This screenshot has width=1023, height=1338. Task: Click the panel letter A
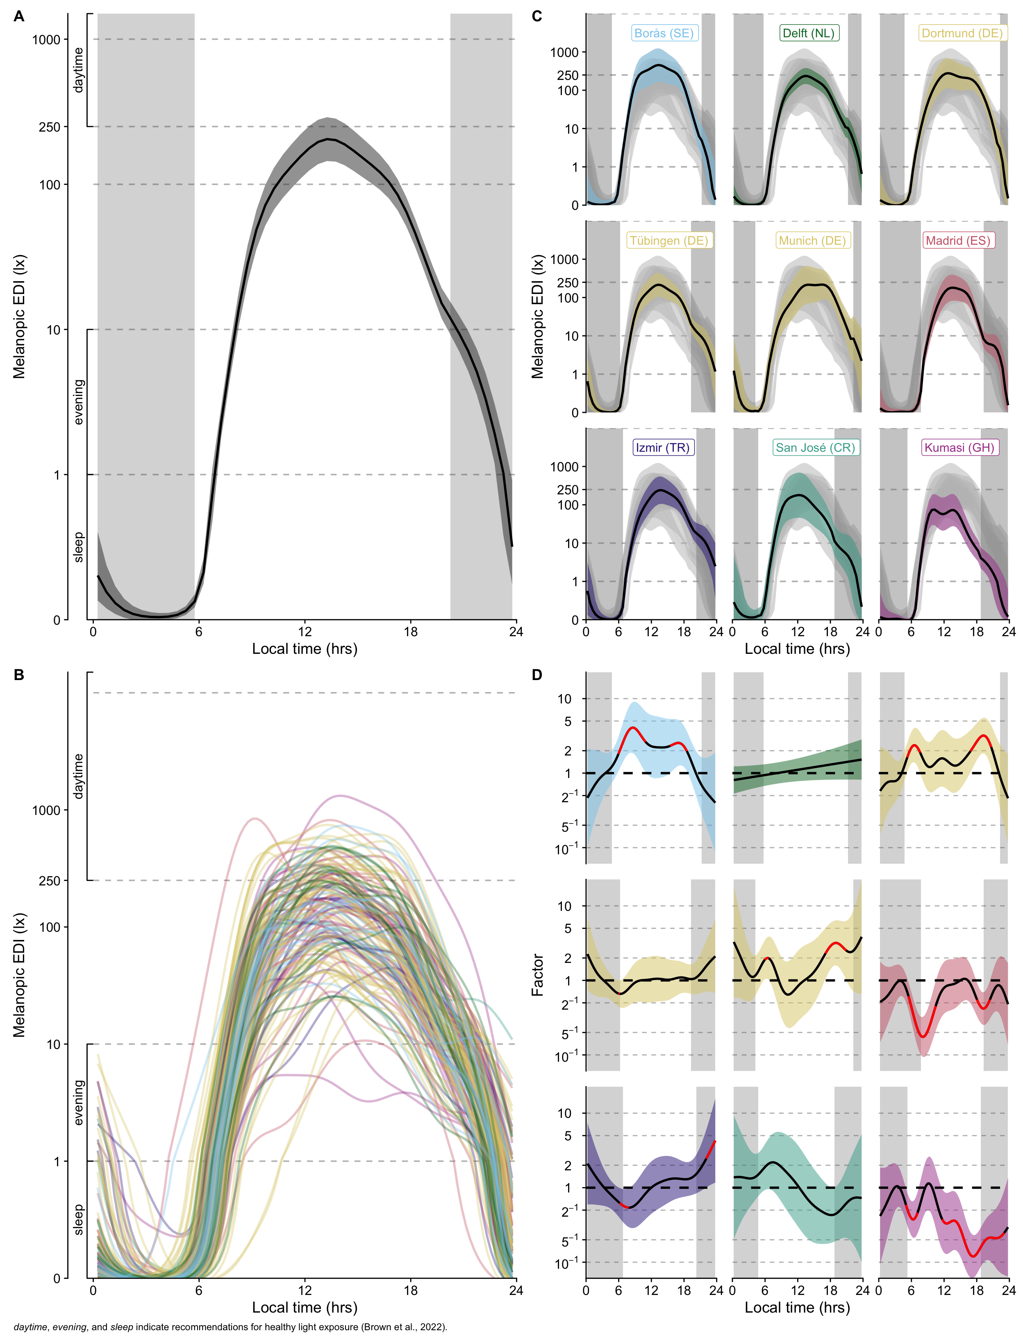pyautogui.click(x=19, y=16)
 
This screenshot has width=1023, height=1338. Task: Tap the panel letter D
pyautogui.click(x=537, y=675)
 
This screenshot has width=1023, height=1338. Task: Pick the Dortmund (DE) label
pyautogui.click(x=962, y=34)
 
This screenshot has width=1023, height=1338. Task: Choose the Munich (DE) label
pyautogui.click(x=812, y=241)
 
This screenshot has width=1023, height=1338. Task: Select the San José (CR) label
pyautogui.click(x=815, y=448)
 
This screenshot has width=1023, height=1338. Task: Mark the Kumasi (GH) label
pyautogui.click(x=959, y=448)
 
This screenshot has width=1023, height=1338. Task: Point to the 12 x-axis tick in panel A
pyautogui.click(x=305, y=632)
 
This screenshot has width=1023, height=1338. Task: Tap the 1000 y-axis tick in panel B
pyautogui.click(x=46, y=810)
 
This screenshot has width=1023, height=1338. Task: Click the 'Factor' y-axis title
pyautogui.click(x=537, y=974)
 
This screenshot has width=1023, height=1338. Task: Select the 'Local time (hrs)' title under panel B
pyautogui.click(x=305, y=1308)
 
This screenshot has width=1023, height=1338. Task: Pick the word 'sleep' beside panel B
pyautogui.click(x=78, y=1219)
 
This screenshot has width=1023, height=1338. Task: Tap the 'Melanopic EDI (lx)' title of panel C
pyautogui.click(x=537, y=317)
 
